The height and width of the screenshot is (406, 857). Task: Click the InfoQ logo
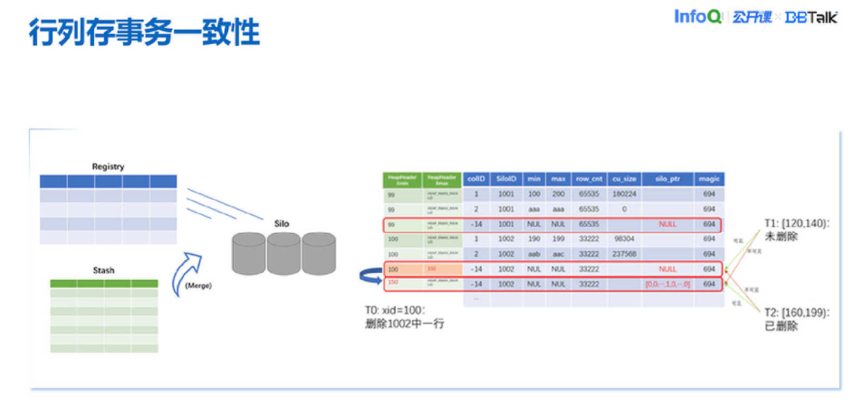click(697, 17)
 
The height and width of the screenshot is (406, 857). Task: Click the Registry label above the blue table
click(108, 167)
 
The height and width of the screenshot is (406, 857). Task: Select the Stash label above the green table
click(104, 270)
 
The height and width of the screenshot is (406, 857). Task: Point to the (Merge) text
click(198, 285)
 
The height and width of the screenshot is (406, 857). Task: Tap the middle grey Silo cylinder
click(285, 253)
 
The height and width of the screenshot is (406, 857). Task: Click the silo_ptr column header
click(667, 179)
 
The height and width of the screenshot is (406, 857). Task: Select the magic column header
click(709, 179)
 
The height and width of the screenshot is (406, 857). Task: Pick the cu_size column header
click(625, 179)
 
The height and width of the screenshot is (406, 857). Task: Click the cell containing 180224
click(625, 194)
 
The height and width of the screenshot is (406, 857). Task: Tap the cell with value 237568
click(625, 254)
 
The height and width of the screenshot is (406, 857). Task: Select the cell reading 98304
click(625, 239)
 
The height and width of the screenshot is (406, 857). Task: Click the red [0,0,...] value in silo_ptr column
click(667, 284)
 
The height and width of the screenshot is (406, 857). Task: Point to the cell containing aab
click(534, 254)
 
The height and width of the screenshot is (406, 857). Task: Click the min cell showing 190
click(534, 239)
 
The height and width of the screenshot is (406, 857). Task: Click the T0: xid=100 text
click(395, 310)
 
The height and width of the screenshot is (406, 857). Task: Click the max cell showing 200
click(558, 194)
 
